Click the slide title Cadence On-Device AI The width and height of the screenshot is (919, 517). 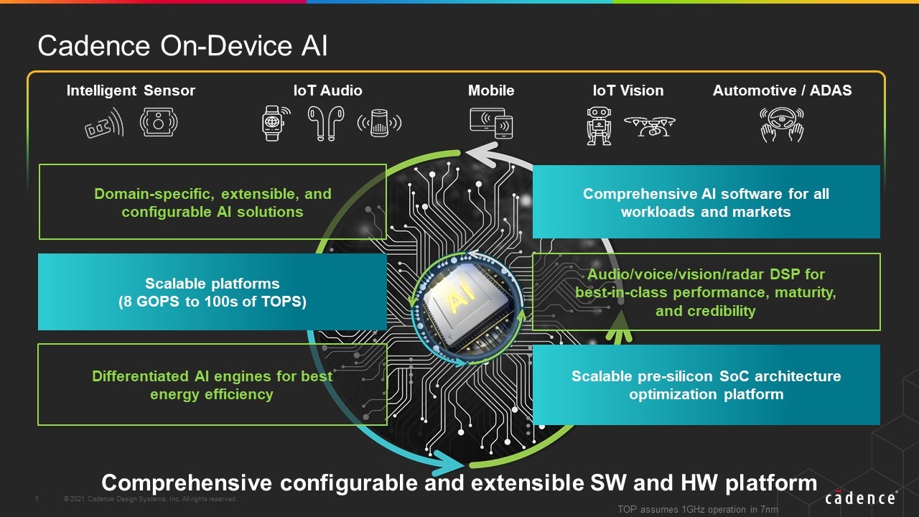click(x=182, y=45)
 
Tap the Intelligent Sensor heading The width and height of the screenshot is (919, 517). click(x=131, y=90)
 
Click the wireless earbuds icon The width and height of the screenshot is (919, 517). click(x=326, y=123)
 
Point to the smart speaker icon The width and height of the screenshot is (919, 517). click(x=379, y=123)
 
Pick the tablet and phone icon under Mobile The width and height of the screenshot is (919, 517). click(x=491, y=123)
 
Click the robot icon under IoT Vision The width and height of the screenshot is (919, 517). click(x=599, y=126)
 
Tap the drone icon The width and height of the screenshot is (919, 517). click(x=650, y=126)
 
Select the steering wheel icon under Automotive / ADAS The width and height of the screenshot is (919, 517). click(x=782, y=125)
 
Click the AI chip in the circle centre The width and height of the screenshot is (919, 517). click(x=467, y=309)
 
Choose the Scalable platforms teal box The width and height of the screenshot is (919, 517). click(x=213, y=292)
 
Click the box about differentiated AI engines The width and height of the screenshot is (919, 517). click(x=213, y=384)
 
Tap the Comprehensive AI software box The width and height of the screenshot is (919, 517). click(x=706, y=202)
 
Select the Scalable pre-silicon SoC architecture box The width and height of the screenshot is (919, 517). click(x=706, y=385)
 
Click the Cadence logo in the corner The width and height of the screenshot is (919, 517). click(x=861, y=498)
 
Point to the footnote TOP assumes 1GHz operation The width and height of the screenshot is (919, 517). click(x=697, y=509)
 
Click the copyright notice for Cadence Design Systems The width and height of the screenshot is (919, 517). click(x=150, y=499)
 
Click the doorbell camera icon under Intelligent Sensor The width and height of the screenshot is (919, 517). click(x=159, y=122)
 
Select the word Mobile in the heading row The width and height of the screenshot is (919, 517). click(x=491, y=90)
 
